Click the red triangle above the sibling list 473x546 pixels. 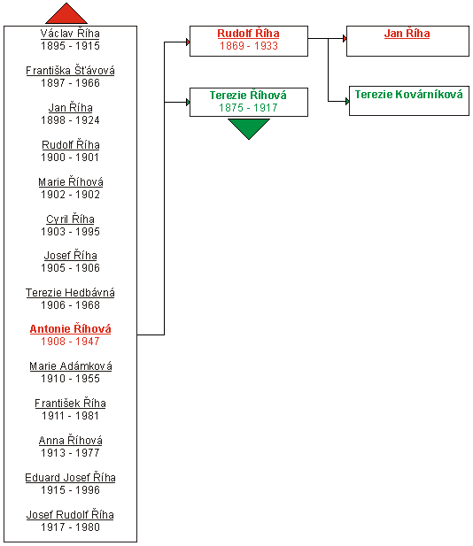[66, 15]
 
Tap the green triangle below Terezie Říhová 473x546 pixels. [249, 128]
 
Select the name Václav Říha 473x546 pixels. [70, 34]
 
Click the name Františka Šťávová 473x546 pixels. [70, 71]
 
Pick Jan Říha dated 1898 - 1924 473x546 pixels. [70, 108]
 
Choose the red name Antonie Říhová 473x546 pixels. [70, 328]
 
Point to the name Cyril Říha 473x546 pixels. [70, 219]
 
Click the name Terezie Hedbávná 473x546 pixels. [70, 293]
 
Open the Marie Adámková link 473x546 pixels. [70, 366]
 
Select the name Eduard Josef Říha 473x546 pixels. [70, 477]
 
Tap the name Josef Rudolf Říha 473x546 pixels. [70, 515]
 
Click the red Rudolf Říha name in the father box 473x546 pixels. [248, 34]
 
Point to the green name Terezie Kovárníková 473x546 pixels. [409, 95]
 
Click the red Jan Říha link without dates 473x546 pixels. [407, 34]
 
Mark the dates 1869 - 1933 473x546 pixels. [249, 46]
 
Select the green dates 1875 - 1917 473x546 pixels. [248, 108]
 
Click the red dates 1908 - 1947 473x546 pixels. [70, 342]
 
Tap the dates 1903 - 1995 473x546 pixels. [70, 232]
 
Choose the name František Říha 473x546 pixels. [70, 404]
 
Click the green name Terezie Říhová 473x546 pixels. [248, 95]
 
